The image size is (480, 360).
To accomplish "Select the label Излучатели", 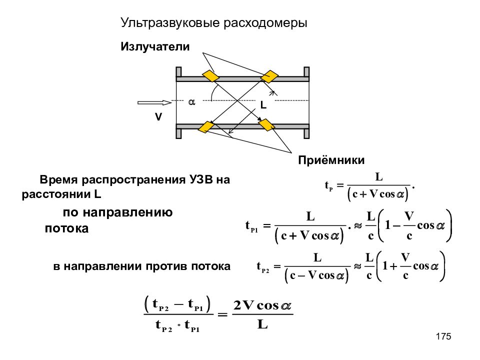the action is [x=155, y=46].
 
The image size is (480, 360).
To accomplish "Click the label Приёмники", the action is [x=331, y=160].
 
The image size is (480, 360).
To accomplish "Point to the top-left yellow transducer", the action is [x=211, y=76].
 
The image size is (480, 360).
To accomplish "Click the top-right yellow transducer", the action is [x=269, y=76].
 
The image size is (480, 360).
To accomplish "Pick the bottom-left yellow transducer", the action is [x=206, y=127].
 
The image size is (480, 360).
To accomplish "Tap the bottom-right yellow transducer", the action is [x=266, y=125].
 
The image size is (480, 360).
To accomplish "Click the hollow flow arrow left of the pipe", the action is [x=154, y=102].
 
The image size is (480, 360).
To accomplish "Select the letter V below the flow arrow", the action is [x=158, y=117].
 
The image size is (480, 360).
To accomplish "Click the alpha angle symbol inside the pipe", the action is [x=191, y=102].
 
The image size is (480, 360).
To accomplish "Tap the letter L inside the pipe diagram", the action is [x=263, y=105].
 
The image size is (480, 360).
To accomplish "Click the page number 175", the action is [x=443, y=336].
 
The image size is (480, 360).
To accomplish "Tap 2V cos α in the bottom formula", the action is [x=262, y=305].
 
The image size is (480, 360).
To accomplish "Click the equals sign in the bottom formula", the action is [x=222, y=314].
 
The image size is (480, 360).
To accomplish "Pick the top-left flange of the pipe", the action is [x=179, y=72].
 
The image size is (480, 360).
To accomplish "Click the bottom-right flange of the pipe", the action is [x=306, y=133].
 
